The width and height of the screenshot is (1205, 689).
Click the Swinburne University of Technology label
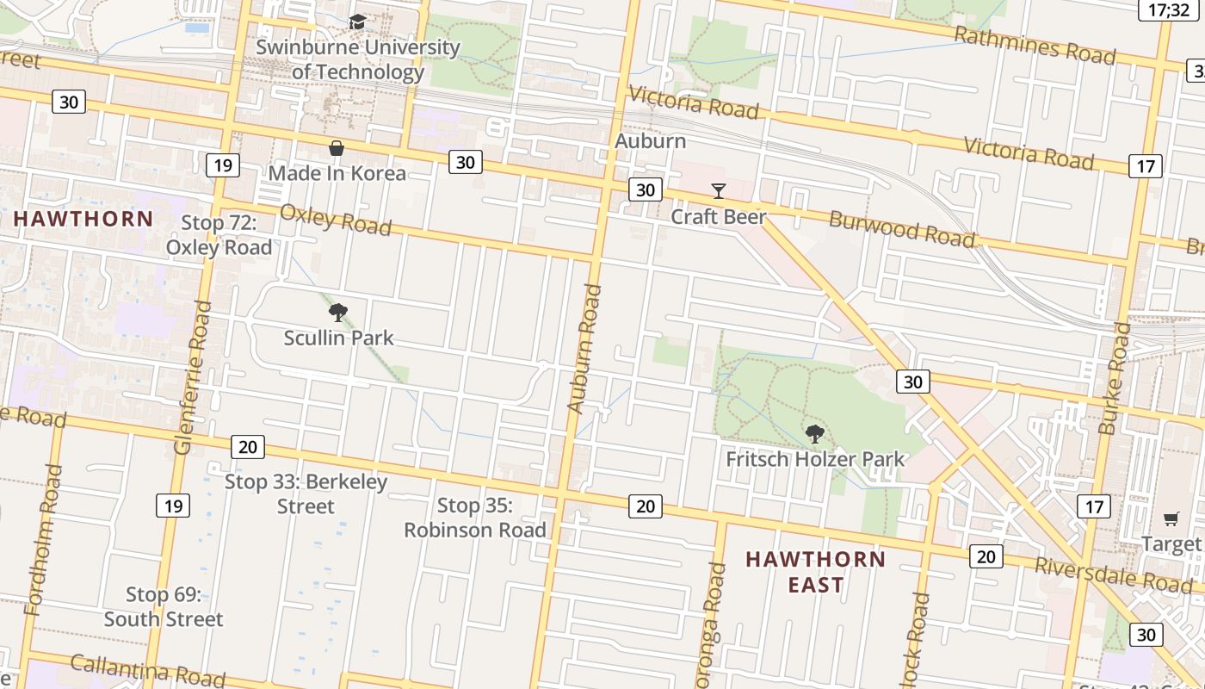tap(357, 59)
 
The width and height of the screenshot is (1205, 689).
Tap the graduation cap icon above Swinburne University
tap(357, 22)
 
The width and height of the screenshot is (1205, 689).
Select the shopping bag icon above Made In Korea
tap(337, 149)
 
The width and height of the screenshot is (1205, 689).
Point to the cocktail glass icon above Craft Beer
tap(719, 191)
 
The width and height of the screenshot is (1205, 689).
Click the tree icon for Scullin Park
tap(338, 313)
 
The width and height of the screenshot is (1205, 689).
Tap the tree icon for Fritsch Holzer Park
tap(814, 434)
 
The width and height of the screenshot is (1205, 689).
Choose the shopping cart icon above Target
tap(1171, 518)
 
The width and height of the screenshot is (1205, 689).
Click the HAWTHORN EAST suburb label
tap(815, 572)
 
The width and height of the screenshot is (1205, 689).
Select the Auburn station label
tap(651, 140)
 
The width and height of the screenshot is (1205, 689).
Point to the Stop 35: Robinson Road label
tap(475, 518)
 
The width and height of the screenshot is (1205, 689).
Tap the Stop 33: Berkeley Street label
tap(306, 493)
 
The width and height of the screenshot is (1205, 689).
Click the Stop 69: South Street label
tap(163, 606)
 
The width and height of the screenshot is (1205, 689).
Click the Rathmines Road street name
tap(1035, 46)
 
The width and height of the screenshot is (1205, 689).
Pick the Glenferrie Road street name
tap(192, 377)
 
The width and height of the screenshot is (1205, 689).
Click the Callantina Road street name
tap(147, 670)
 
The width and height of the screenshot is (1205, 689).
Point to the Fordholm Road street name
tap(45, 540)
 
